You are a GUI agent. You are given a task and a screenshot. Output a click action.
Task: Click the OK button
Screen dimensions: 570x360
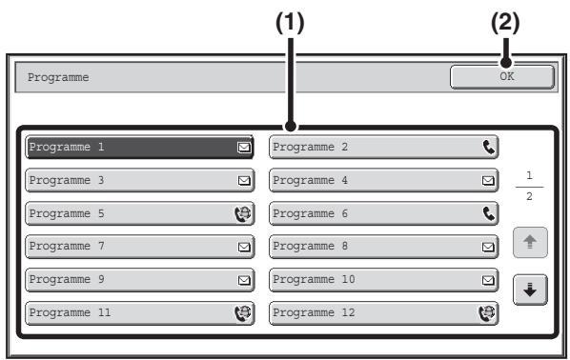pyautogui.click(x=502, y=76)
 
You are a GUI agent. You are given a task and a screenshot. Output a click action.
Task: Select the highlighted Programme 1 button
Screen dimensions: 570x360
pyautogui.click(x=139, y=147)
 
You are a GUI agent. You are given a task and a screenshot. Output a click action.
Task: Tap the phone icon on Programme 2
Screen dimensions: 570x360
pyautogui.click(x=489, y=147)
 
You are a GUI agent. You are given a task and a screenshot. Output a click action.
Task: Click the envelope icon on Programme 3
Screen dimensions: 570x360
pyautogui.click(x=244, y=181)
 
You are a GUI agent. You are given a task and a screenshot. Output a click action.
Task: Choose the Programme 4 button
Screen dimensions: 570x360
pyautogui.click(x=383, y=180)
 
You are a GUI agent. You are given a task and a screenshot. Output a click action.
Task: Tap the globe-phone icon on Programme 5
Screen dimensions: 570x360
pyautogui.click(x=243, y=213)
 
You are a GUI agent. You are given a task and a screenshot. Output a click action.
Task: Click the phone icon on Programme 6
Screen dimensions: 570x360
pyautogui.click(x=489, y=213)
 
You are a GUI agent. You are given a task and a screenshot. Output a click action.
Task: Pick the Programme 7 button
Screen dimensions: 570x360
pyautogui.click(x=139, y=247)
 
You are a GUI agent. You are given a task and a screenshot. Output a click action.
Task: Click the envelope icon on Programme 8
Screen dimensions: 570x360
pyautogui.click(x=488, y=247)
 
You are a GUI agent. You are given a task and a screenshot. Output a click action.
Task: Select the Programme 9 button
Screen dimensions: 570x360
pyautogui.click(x=139, y=280)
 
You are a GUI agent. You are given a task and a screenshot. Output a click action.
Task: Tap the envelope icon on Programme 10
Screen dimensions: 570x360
pyautogui.click(x=488, y=280)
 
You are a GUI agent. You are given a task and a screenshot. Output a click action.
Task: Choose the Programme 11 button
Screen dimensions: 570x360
pyautogui.click(x=139, y=313)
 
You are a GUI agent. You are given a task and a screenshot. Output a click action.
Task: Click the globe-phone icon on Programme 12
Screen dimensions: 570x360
pyautogui.click(x=487, y=313)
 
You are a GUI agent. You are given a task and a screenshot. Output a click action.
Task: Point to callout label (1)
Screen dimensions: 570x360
pyautogui.click(x=290, y=23)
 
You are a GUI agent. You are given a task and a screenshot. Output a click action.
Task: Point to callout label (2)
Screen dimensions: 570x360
pyautogui.click(x=505, y=23)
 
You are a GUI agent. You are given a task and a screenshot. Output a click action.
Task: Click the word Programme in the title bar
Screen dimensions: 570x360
pyautogui.click(x=58, y=78)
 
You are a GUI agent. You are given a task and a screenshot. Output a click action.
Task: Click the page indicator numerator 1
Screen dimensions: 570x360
pyautogui.click(x=529, y=176)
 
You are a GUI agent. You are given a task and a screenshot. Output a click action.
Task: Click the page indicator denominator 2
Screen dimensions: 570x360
pyautogui.click(x=529, y=196)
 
